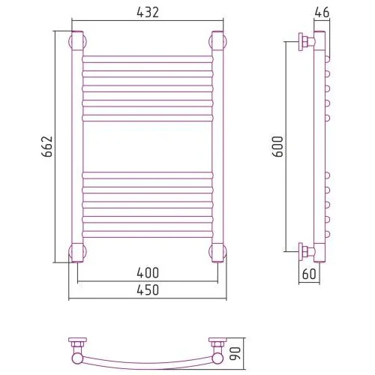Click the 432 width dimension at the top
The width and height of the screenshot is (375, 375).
click(148, 12)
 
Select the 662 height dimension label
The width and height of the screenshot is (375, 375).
click(47, 146)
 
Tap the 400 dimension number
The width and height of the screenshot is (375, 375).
click(148, 273)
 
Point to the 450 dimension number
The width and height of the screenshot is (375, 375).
click(148, 290)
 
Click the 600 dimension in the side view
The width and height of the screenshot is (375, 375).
click(277, 146)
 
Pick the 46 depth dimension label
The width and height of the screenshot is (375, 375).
click(322, 12)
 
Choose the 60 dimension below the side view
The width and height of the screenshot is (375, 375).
click(309, 274)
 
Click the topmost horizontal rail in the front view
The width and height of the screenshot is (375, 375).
click(148, 59)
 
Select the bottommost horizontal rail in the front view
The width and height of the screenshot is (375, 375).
click(148, 234)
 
